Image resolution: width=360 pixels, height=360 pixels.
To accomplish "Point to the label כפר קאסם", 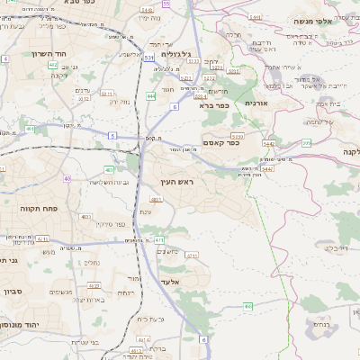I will tap(221, 141).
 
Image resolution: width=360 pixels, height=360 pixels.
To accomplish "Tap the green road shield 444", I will tap(150, 95).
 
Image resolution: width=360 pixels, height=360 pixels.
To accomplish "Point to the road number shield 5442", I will tap(268, 143).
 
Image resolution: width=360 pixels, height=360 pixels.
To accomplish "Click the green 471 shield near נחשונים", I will tap(159, 239).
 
